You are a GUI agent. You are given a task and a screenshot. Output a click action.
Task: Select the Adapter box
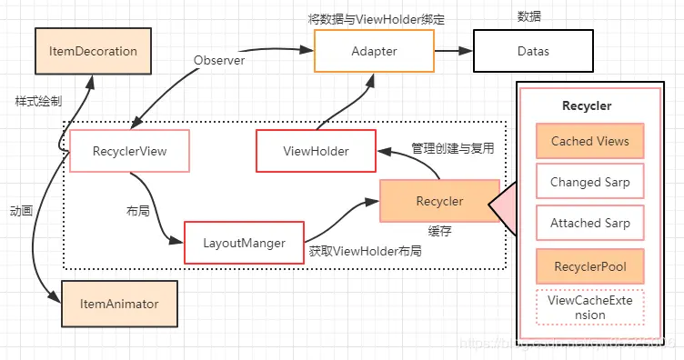click(x=373, y=52)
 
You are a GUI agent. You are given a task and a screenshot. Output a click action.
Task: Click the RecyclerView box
click(x=130, y=151)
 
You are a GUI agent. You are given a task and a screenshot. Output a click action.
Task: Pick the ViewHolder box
click(x=316, y=151)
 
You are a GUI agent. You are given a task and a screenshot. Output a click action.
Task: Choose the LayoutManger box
click(x=244, y=243)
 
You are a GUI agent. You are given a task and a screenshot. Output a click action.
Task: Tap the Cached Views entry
click(x=589, y=142)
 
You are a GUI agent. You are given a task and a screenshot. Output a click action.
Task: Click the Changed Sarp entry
click(x=589, y=182)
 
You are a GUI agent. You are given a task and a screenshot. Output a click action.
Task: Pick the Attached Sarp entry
click(x=589, y=223)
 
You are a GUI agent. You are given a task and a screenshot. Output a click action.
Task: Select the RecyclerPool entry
click(x=589, y=265)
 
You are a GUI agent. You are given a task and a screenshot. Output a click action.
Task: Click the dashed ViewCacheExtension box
click(x=589, y=306)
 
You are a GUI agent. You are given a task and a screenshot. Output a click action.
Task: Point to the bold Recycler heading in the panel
click(x=587, y=106)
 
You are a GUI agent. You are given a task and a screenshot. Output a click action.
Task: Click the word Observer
click(x=220, y=60)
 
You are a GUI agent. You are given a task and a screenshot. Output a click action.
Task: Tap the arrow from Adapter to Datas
click(x=451, y=52)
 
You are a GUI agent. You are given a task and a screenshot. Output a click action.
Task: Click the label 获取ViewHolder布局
click(x=365, y=251)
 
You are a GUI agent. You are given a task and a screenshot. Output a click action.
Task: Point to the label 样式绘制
click(x=38, y=99)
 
